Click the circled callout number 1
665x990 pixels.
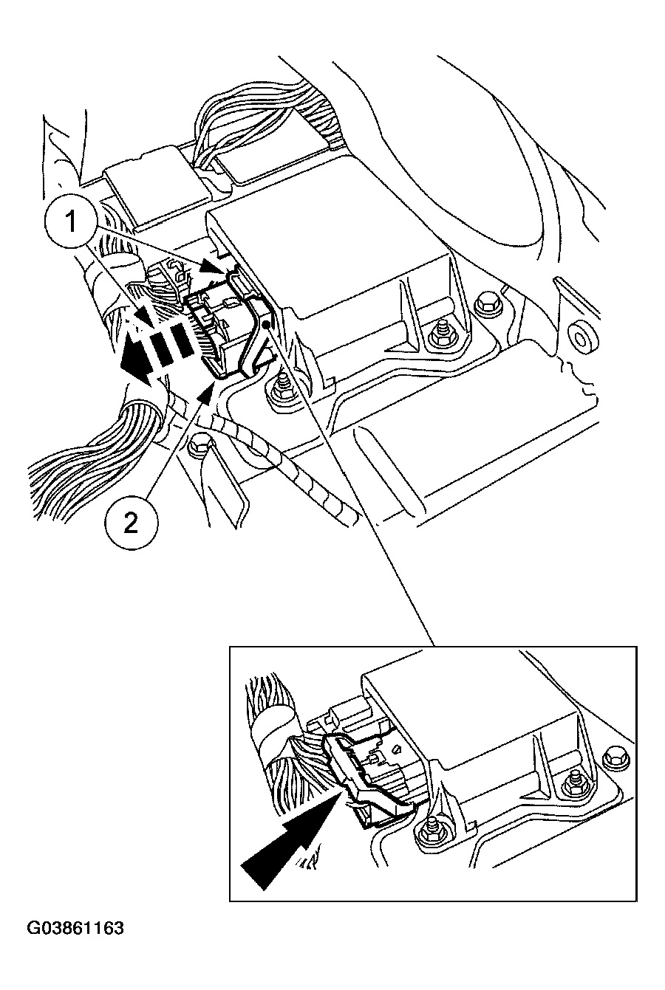[x=71, y=222]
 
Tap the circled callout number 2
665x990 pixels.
[x=131, y=525]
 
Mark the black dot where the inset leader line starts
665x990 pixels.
[x=266, y=325]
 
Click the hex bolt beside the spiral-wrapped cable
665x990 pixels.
[x=195, y=447]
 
